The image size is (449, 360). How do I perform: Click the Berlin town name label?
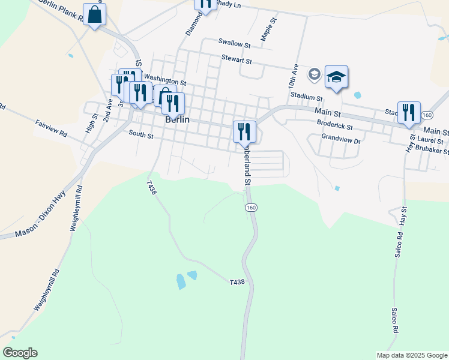click(177, 119)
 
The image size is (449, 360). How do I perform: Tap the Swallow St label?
click(234, 43)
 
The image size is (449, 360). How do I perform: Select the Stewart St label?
click(236, 60)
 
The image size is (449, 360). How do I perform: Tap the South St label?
click(141, 136)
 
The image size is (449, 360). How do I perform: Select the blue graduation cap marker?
click(336, 77)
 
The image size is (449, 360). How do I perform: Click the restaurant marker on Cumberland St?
click(244, 131)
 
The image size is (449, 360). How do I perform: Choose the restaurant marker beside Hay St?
click(409, 112)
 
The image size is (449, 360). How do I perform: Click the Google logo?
click(20, 353)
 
